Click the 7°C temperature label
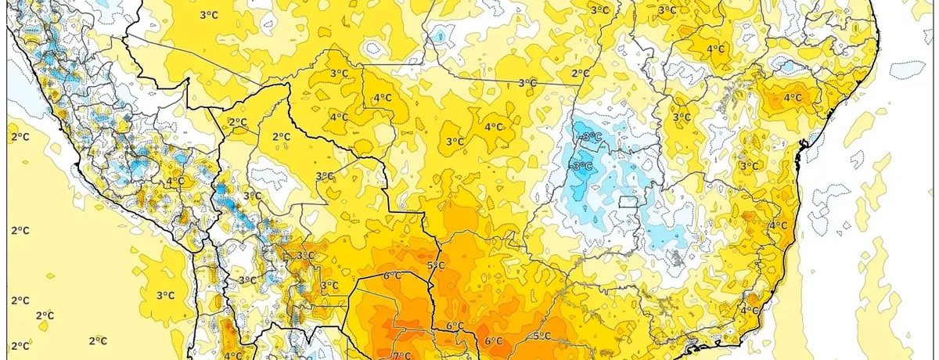point(401,355)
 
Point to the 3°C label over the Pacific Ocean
point(164,295)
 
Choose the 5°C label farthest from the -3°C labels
point(436,266)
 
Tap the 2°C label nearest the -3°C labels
point(580,74)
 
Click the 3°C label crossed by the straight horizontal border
point(527,83)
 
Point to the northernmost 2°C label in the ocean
point(20,138)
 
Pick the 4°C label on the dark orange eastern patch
point(793,98)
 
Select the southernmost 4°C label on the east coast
point(750,310)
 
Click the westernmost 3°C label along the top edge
point(208,15)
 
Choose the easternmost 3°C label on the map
point(749,165)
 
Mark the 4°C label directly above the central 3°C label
point(493,127)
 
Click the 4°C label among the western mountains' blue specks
point(175,182)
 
